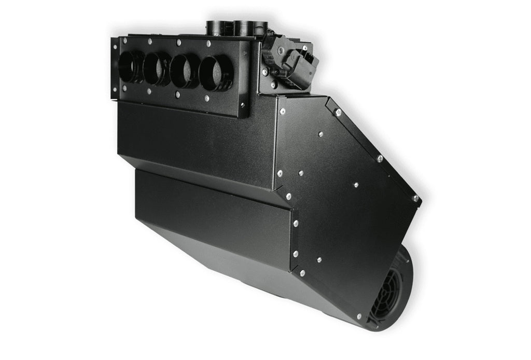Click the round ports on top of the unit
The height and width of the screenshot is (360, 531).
click(237, 27)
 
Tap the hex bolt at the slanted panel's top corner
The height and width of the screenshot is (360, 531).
click(338, 113)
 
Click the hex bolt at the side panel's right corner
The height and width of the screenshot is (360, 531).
click(415, 198)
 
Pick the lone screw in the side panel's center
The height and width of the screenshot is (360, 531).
click(356, 184)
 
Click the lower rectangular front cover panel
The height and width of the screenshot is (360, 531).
click(213, 218)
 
